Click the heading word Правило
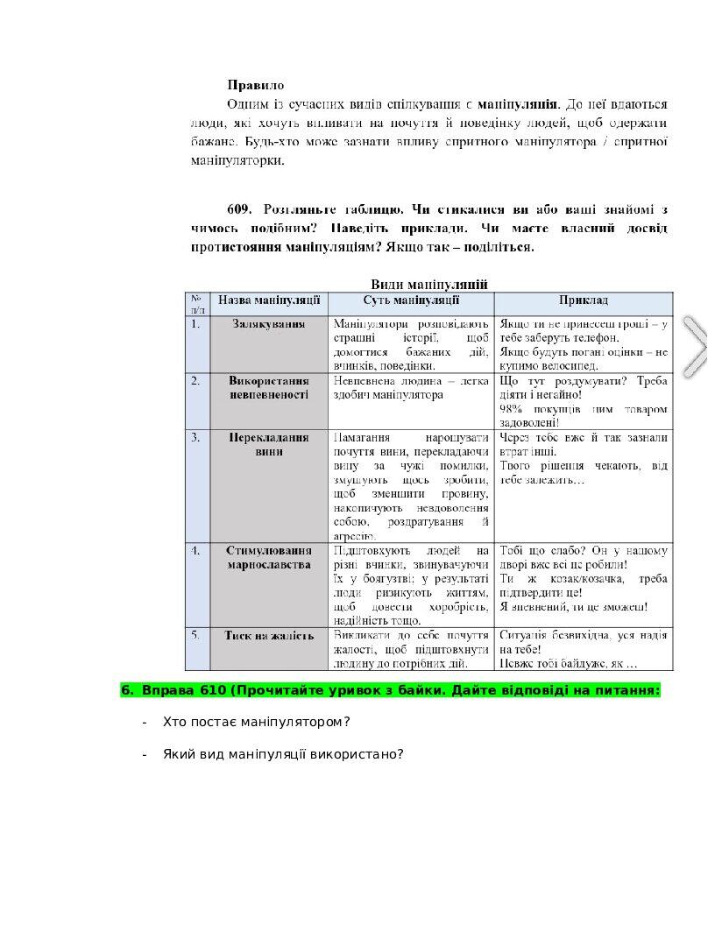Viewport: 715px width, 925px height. (256, 86)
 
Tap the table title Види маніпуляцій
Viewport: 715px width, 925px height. (428, 283)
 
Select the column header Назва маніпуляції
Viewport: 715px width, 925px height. (269, 300)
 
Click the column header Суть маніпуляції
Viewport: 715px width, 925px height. (411, 300)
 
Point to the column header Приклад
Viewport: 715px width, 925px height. (583, 300)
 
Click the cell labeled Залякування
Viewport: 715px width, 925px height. (269, 323)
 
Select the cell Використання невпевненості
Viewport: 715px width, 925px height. (269, 388)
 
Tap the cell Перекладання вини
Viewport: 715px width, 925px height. (269, 444)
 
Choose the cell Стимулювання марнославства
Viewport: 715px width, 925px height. (269, 558)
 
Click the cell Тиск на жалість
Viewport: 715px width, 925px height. (269, 635)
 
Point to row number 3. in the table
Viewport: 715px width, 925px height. (195, 436)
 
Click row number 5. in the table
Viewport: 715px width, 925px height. (195, 634)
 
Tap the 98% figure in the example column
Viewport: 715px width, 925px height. (512, 409)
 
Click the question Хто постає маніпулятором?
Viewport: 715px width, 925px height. (257, 723)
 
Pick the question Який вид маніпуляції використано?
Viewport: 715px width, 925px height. (283, 753)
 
